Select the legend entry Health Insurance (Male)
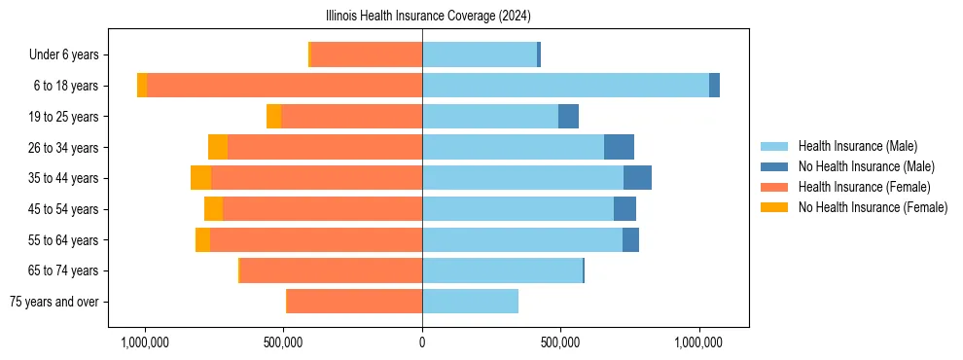point(857,146)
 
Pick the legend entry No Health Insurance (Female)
point(873,207)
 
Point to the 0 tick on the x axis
point(422,343)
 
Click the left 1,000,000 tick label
point(145,343)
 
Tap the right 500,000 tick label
point(561,343)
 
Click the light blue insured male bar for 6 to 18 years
point(565,86)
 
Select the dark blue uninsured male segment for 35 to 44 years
point(637,178)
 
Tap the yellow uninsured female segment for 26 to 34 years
point(218,147)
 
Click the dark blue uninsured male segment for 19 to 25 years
point(568,117)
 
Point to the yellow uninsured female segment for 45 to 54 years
point(213,209)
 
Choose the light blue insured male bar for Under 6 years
point(479,55)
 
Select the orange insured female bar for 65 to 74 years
point(331,270)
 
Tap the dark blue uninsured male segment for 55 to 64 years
point(630,239)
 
